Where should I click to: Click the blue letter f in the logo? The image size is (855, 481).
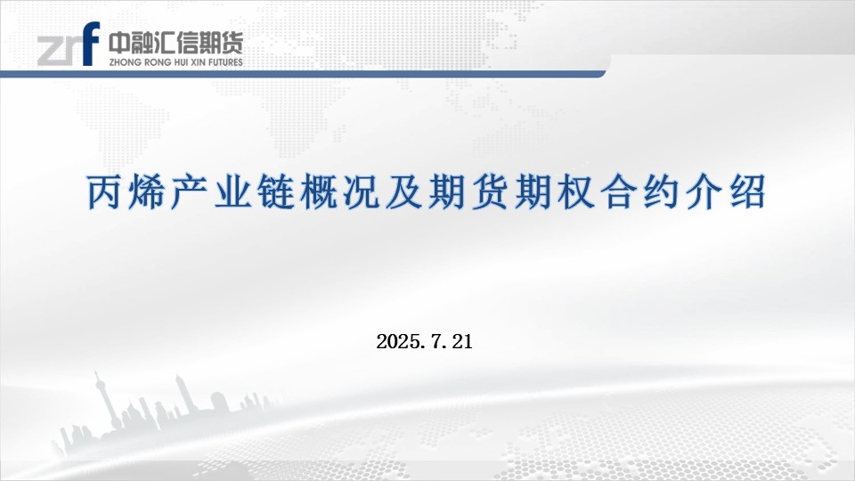click(91, 43)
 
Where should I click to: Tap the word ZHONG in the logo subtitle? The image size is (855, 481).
click(125, 62)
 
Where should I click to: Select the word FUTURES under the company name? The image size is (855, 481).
click(224, 62)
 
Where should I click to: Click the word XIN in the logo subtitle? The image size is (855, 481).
click(198, 62)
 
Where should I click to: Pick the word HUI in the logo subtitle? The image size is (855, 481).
click(182, 62)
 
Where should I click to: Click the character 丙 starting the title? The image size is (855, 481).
click(103, 192)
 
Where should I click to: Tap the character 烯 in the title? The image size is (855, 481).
click(146, 192)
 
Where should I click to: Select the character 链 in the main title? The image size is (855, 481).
click(275, 192)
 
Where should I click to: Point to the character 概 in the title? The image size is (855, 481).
click(319, 192)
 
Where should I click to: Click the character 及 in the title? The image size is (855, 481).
click(404, 192)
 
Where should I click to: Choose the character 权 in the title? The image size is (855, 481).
click(576, 192)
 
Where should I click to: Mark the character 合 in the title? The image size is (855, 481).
click(619, 192)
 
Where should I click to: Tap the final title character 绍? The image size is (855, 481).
click(747, 192)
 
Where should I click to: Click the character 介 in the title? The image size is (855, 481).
click(705, 192)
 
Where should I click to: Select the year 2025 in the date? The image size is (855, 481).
click(398, 342)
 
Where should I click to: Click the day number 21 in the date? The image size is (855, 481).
click(462, 342)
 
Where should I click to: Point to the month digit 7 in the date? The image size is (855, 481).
click(436, 342)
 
